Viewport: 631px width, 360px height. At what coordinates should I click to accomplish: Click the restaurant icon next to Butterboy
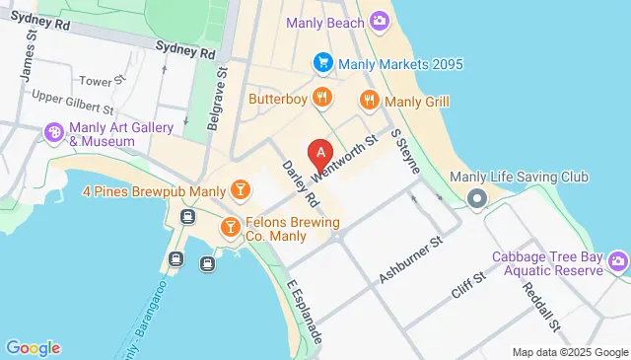pyautogui.click(x=321, y=98)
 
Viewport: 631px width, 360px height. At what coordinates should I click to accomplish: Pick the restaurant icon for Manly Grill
pyautogui.click(x=370, y=99)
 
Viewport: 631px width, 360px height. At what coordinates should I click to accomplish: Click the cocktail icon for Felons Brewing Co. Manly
pyautogui.click(x=230, y=227)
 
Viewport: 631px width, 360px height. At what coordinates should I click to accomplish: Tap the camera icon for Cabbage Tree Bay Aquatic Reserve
pyautogui.click(x=618, y=260)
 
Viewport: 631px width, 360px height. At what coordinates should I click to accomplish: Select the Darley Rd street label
pyautogui.click(x=300, y=184)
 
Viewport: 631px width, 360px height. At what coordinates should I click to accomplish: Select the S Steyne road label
pyautogui.click(x=406, y=150)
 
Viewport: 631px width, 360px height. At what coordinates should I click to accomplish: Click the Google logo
pyautogui.click(x=33, y=347)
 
